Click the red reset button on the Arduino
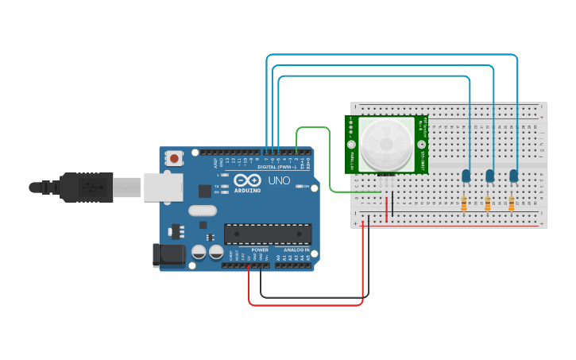[173, 159]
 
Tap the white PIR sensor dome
[387, 144]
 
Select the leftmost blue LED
[466, 176]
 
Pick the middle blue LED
[490, 176]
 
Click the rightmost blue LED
[514, 176]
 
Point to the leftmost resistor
[464, 204]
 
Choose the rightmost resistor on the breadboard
[511, 204]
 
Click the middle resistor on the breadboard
[488, 204]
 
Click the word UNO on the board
[279, 181]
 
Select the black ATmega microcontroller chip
[267, 234]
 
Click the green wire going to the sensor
[330, 159]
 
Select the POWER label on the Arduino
[260, 250]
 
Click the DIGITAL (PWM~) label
[276, 167]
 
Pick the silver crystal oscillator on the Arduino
[203, 211]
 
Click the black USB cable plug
[87, 187]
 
